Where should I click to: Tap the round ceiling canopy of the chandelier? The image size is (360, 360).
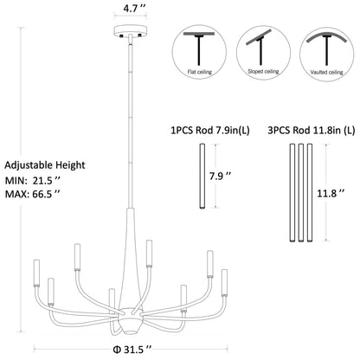[x=131, y=30]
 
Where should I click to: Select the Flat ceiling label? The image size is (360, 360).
[x=200, y=72]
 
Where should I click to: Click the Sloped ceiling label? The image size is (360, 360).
[x=263, y=71]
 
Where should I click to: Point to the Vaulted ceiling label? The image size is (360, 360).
[x=326, y=72]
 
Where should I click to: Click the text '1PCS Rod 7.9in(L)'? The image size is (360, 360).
[x=210, y=131]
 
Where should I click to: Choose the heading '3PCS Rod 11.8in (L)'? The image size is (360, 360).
[x=312, y=131]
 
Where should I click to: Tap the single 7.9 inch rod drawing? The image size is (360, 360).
[x=202, y=176]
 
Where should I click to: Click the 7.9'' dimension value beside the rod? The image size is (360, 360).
[x=221, y=176]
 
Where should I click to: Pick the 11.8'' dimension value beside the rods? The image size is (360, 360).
[x=331, y=193]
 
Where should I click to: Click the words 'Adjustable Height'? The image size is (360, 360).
[x=45, y=165]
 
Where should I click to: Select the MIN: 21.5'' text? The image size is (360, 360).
[x=33, y=181]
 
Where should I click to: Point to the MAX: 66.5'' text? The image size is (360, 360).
[x=33, y=194]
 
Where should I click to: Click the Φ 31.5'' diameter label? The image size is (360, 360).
[x=132, y=350]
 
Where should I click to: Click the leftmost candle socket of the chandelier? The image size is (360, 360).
[x=36, y=273]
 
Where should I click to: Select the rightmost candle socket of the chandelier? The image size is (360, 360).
[x=224, y=283]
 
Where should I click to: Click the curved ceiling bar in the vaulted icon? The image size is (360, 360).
[x=327, y=32]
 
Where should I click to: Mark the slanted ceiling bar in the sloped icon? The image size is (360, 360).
[x=259, y=36]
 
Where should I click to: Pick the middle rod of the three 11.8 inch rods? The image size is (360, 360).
[x=301, y=192]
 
